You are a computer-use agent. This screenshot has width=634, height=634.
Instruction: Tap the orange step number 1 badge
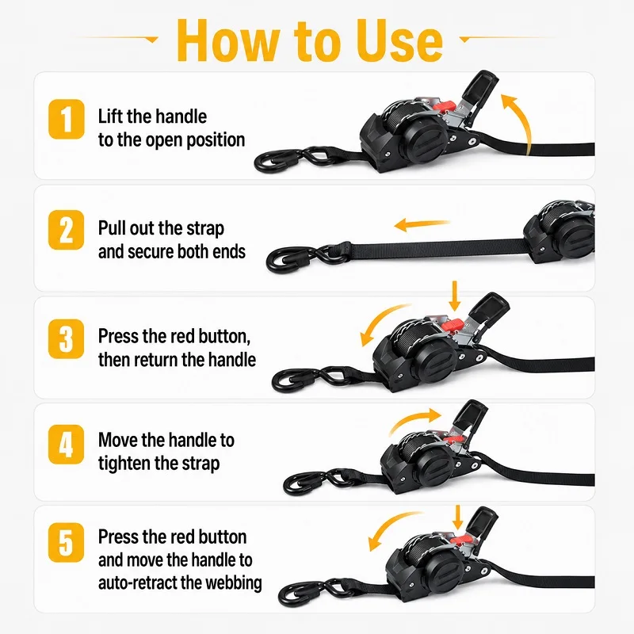click(67, 120)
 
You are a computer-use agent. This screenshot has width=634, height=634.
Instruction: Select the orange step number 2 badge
click(67, 230)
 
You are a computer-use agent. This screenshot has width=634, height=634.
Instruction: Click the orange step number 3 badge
click(67, 339)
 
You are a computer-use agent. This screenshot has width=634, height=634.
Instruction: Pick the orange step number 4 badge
click(67, 445)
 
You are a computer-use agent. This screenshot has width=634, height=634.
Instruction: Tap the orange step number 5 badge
click(67, 542)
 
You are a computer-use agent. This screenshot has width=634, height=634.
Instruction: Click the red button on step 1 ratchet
click(444, 107)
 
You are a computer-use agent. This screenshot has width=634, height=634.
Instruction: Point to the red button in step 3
click(452, 324)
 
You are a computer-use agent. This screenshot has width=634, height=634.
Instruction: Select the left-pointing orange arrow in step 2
click(422, 224)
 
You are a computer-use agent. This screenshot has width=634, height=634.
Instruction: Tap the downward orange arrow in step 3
click(455, 296)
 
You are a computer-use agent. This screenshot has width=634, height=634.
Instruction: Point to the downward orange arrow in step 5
click(458, 518)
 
